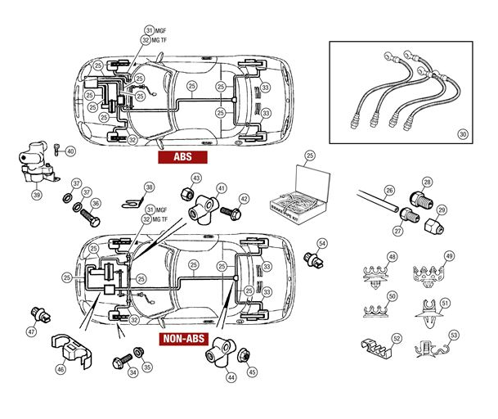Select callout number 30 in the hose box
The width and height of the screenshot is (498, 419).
tap(462, 133)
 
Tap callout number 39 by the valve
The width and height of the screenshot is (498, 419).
tap(36, 196)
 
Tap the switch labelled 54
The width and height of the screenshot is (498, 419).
tap(310, 258)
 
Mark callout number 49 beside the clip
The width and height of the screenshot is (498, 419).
tap(449, 256)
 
